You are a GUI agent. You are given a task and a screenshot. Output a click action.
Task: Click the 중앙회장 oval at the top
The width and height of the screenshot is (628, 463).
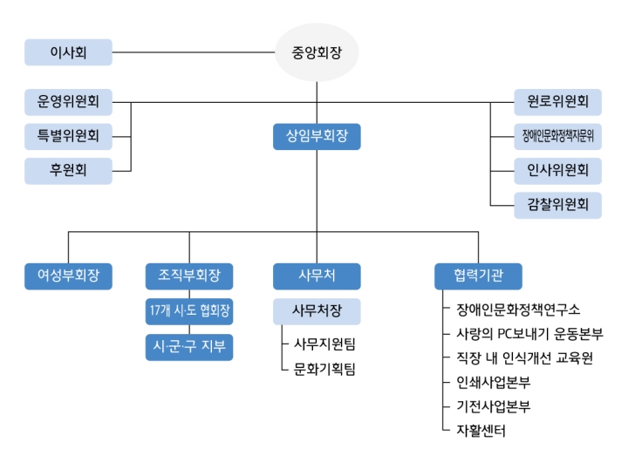tap(317, 52)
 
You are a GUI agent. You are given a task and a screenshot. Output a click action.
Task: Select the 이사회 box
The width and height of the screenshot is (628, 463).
tap(69, 52)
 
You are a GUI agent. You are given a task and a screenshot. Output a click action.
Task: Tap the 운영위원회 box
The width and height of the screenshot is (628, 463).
tap(69, 102)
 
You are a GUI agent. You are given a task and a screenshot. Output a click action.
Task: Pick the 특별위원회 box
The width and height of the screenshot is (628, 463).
tap(69, 137)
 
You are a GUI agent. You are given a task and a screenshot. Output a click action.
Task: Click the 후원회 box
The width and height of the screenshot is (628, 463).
tap(69, 171)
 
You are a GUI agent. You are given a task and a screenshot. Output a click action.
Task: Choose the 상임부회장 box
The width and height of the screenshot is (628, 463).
tap(317, 137)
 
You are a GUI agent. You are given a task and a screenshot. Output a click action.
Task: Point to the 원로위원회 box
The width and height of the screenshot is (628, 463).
tap(558, 102)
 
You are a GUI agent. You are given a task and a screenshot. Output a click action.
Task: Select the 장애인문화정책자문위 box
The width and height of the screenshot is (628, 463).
tap(558, 137)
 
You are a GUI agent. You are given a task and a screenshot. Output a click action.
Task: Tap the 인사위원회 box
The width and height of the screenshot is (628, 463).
tap(558, 171)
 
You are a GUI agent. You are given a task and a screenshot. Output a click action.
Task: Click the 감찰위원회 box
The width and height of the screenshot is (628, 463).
tap(558, 206)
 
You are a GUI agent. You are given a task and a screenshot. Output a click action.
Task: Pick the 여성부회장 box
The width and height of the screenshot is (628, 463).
tap(69, 276)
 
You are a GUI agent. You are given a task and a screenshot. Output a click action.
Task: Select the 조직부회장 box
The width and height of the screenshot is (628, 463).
tap(189, 276)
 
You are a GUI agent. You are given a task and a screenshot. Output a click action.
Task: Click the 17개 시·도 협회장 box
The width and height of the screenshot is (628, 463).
tap(189, 311)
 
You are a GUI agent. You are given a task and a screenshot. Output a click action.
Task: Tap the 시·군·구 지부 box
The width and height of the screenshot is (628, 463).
tap(189, 347)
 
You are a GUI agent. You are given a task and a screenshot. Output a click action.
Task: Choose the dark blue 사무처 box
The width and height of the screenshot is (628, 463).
tap(317, 276)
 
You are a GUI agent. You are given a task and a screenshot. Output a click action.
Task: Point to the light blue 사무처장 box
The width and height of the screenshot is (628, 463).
tap(317, 311)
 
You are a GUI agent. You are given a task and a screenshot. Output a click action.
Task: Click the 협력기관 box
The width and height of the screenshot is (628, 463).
tap(478, 276)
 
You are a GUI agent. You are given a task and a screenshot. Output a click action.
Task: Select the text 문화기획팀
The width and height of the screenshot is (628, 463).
tap(324, 369)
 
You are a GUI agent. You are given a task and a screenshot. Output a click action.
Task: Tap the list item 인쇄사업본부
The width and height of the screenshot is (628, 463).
tap(494, 383)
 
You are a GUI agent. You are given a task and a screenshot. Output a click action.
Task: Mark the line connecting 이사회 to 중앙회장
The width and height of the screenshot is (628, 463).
tap(194, 52)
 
